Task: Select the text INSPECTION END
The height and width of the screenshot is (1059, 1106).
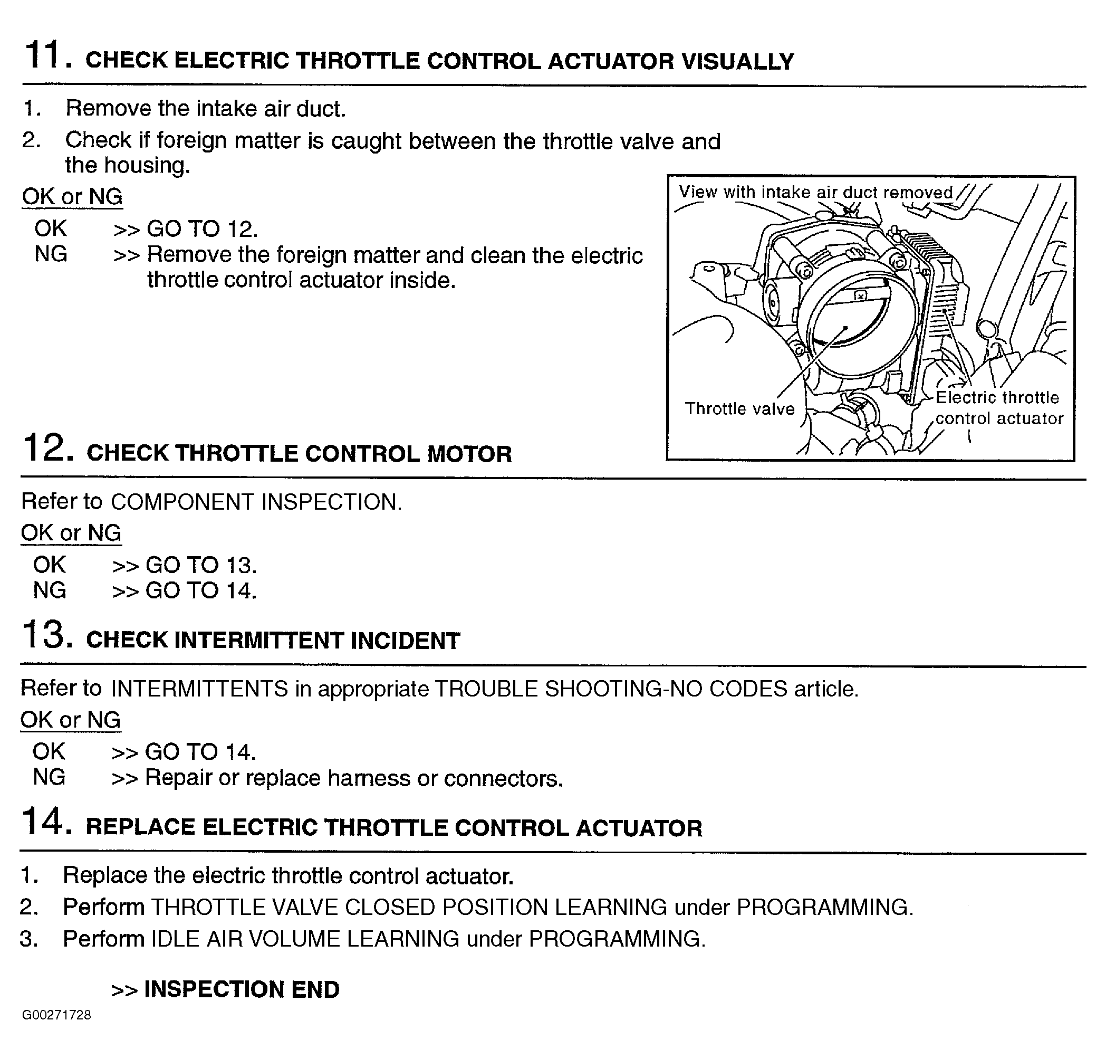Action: pyautogui.click(x=242, y=989)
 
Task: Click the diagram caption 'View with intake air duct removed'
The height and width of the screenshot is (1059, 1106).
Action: pyautogui.click(x=815, y=192)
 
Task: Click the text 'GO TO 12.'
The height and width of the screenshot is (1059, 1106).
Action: pyautogui.click(x=202, y=228)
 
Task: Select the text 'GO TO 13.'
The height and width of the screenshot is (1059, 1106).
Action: pyautogui.click(x=201, y=565)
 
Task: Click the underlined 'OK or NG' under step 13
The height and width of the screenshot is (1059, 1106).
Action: pyautogui.click(x=71, y=720)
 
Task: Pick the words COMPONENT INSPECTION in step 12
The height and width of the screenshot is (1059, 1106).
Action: pyautogui.click(x=256, y=502)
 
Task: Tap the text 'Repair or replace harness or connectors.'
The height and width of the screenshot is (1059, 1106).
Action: pyautogui.click(x=354, y=778)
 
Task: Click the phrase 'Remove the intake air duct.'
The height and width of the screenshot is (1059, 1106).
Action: pyautogui.click(x=205, y=108)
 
